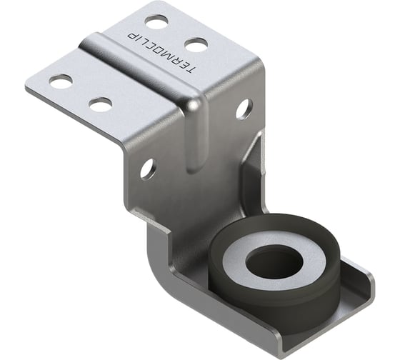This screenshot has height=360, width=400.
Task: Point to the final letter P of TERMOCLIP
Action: point(132,29)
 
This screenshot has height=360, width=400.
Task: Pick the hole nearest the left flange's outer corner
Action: point(61,81)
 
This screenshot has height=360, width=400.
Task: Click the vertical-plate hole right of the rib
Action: point(243,109)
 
